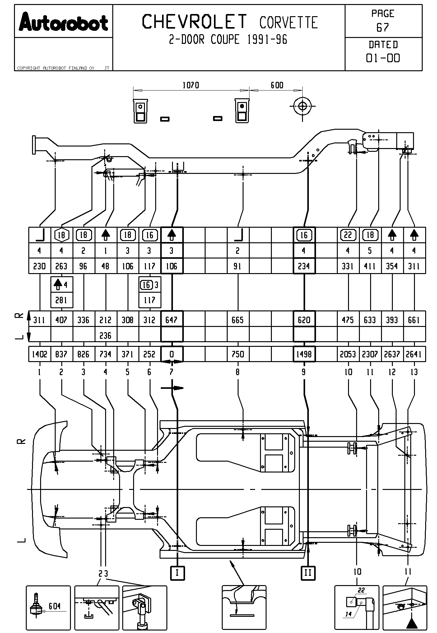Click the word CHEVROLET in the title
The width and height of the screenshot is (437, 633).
click(194, 22)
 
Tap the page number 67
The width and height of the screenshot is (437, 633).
click(383, 28)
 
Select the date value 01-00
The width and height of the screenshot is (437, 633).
click(383, 58)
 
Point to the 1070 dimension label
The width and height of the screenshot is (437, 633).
click(191, 85)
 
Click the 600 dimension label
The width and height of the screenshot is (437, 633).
click(277, 85)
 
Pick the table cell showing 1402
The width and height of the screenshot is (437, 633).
click(40, 354)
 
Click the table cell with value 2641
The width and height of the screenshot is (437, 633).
click(414, 354)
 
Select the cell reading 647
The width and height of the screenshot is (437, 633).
click(171, 320)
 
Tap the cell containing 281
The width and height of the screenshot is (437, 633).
click(61, 300)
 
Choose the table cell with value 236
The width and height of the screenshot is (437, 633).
click(105, 335)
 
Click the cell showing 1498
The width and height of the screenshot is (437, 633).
click(304, 354)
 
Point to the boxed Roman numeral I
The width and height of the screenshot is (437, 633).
click(177, 573)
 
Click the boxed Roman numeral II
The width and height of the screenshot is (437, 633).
click(308, 573)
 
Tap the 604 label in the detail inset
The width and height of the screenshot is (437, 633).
click(54, 606)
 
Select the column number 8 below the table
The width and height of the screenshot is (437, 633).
click(238, 372)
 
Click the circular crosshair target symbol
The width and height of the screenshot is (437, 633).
click(302, 106)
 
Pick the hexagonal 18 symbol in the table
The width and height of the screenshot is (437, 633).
click(62, 235)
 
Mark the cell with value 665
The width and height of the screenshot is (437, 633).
click(238, 320)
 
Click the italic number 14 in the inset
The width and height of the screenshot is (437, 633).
click(349, 614)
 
